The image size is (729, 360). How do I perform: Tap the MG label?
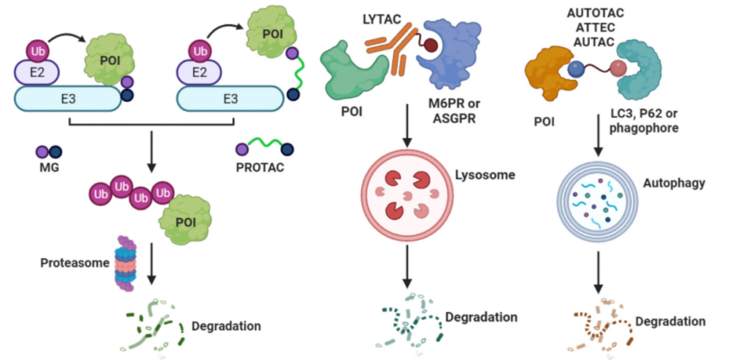click(x=49, y=166)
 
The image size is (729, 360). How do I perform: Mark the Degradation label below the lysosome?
click(x=481, y=317)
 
